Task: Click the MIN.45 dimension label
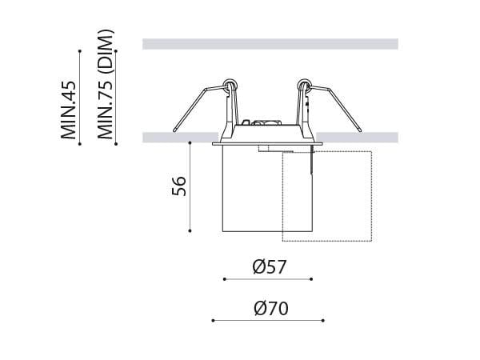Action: [x=69, y=109]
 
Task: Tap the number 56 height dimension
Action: [x=179, y=186]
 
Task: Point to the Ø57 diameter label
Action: [x=269, y=267]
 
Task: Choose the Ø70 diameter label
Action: [x=270, y=308]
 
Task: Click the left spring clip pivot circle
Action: [x=230, y=82]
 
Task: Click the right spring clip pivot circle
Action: [x=303, y=82]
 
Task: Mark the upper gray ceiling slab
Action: [x=270, y=44]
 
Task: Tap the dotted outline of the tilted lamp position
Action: [x=371, y=196]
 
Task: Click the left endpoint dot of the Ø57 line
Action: [x=224, y=279]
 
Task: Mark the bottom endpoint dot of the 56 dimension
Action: [x=190, y=231]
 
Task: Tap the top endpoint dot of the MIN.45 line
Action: [x=80, y=51]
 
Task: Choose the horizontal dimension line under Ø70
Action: [x=267, y=320]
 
